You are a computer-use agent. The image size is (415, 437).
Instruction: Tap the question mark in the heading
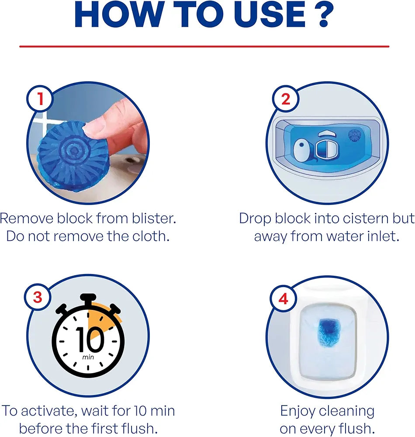click(324, 16)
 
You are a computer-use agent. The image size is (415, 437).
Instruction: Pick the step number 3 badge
click(38, 298)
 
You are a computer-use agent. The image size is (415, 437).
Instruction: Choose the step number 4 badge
click(284, 300)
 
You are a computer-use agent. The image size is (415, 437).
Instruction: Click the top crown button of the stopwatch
click(89, 298)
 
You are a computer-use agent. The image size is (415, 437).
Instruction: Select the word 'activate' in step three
click(52, 411)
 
